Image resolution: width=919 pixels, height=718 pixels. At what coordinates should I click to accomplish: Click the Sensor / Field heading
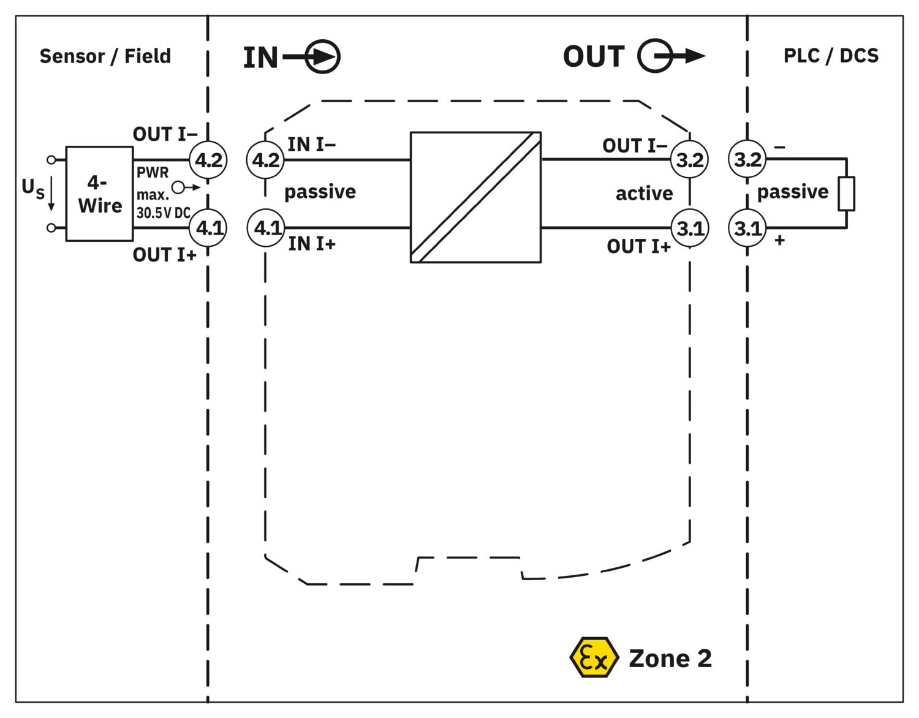105,56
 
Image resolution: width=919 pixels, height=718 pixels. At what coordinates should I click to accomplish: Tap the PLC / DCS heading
830,56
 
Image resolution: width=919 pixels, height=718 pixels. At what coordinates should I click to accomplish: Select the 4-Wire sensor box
99,194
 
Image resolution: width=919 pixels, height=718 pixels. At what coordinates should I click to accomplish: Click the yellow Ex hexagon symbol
593,657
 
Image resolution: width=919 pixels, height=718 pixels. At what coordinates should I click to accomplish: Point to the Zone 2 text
670,659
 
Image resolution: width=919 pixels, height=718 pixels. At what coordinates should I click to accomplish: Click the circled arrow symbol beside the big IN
322,57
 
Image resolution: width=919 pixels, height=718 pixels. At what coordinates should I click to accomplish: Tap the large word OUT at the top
593,57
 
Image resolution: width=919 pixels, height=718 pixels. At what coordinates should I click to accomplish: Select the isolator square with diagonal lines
475,197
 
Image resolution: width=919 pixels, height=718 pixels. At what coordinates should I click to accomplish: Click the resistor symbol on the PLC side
846,194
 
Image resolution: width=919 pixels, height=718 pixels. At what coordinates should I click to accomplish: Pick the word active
644,194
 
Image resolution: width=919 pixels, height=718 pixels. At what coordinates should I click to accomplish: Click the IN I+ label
312,244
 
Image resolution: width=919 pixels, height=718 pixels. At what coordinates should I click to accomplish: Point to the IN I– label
311,145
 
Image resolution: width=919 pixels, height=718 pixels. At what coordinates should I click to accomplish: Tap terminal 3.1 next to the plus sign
747,229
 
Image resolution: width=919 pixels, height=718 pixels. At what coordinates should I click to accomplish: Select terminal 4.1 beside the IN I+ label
266,228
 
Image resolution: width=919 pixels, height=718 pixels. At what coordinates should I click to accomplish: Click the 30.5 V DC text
163,213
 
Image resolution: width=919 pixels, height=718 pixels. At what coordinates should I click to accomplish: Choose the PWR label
152,173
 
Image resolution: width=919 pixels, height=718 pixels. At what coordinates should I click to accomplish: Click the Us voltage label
33,187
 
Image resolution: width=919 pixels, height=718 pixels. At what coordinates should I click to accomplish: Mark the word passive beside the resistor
792,192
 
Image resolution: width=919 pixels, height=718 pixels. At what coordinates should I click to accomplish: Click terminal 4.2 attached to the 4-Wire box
208,161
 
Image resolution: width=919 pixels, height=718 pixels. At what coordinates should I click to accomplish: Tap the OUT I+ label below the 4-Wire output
164,255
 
